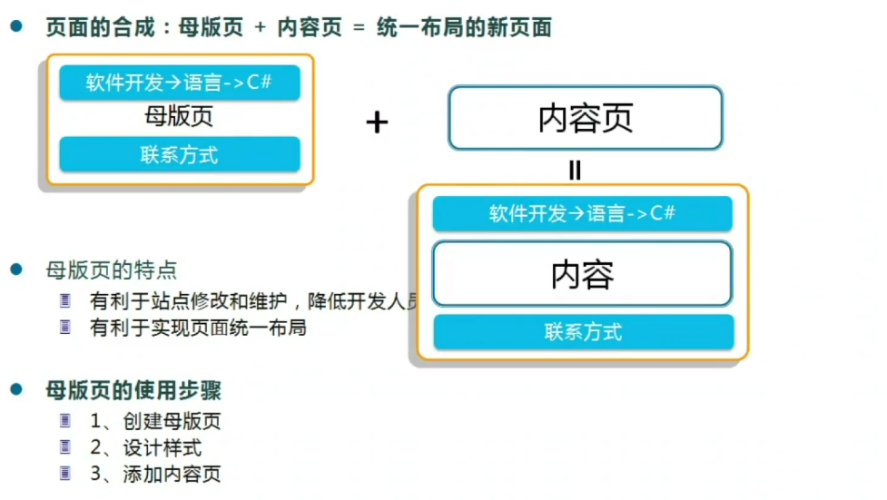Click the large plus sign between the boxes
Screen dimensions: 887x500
pyautogui.click(x=377, y=123)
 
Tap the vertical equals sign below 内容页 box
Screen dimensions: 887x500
pyautogui.click(x=574, y=170)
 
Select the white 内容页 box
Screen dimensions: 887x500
pyautogui.click(x=586, y=118)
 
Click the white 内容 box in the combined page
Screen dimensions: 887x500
pyautogui.click(x=582, y=274)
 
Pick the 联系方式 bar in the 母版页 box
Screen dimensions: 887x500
pyautogui.click(x=180, y=154)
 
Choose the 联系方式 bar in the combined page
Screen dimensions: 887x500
pyautogui.click(x=583, y=332)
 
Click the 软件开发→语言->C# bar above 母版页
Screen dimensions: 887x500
pyautogui.click(x=180, y=83)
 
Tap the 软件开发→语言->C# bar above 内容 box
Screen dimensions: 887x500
pyautogui.click(x=582, y=214)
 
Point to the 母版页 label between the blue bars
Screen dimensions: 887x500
pyautogui.click(x=179, y=117)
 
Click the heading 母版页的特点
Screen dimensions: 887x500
pyautogui.click(x=112, y=270)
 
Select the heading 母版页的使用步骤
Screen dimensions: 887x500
pyautogui.click(x=133, y=391)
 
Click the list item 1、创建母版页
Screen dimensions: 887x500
pyautogui.click(x=155, y=421)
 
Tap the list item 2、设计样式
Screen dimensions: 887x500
pyautogui.click(x=145, y=447)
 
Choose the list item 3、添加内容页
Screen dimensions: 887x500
pyautogui.click(x=155, y=474)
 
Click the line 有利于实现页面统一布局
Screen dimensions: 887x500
pyautogui.click(x=198, y=328)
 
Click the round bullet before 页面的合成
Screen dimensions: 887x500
pyautogui.click(x=15, y=27)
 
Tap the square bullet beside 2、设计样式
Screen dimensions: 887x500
pyautogui.click(x=64, y=446)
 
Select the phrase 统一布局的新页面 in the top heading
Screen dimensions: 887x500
pyautogui.click(x=463, y=27)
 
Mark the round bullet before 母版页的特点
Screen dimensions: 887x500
pyautogui.click(x=15, y=269)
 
